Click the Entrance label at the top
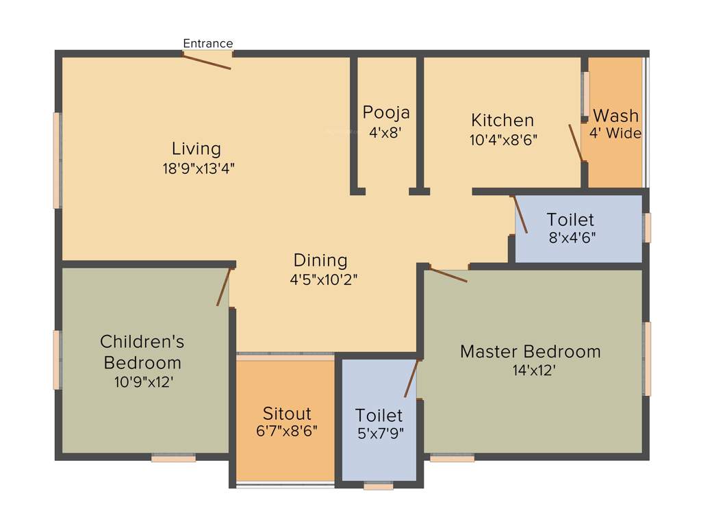pos(208,43)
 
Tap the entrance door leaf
pos(207,62)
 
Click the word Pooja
pos(386,112)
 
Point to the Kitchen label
pos(502,121)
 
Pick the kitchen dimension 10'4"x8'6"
pos(504,140)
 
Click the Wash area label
pos(615,116)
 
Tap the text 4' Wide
pos(615,134)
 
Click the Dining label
pos(320,260)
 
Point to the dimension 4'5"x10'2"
pos(324,279)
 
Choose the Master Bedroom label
pos(530,352)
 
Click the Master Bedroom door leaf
pos(448,275)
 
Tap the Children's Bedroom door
pos(223,287)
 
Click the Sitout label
pos(287,414)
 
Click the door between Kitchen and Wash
pos(576,142)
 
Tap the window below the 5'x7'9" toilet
pos(379,486)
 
